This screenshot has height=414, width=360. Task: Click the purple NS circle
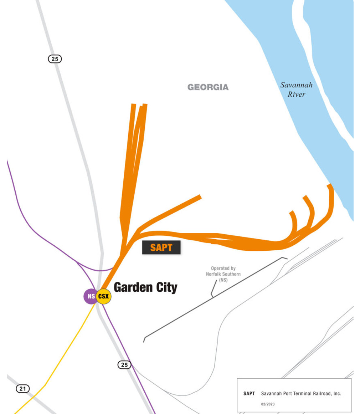tap(90, 296)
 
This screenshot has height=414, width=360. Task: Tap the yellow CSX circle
tap(104, 296)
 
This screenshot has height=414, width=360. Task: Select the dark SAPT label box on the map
tap(161, 247)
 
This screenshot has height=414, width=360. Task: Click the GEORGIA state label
tap(208, 87)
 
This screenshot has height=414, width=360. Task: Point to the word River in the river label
tap(297, 94)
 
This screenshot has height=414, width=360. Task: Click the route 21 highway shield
tap(23, 389)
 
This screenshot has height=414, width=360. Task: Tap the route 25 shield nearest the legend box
tap(124, 365)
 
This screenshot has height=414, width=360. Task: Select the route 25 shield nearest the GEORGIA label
tap(55, 59)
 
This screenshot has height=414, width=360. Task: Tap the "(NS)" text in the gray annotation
tap(223, 280)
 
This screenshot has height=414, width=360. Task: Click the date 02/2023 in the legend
tap(268, 404)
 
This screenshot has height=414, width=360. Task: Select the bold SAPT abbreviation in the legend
tap(249, 394)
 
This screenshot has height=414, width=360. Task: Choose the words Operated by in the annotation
tap(223, 268)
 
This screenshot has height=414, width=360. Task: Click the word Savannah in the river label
tap(296, 85)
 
